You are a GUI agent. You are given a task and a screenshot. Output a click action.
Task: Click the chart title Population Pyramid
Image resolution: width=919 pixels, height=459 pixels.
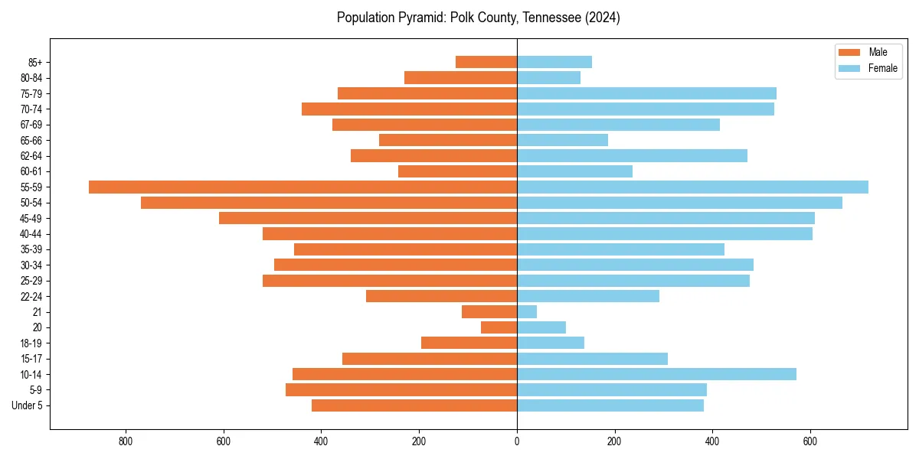pyautogui.click(x=478, y=18)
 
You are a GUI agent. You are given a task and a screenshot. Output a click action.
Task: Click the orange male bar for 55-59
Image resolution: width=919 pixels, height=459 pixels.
pyautogui.click(x=303, y=187)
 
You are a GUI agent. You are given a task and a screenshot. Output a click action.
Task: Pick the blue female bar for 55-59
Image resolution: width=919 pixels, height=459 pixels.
pyautogui.click(x=692, y=187)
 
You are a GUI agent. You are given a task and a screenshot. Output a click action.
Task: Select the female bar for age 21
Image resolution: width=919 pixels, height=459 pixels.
pyautogui.click(x=527, y=311)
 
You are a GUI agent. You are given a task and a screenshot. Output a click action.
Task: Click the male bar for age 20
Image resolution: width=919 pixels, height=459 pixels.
pyautogui.click(x=499, y=327)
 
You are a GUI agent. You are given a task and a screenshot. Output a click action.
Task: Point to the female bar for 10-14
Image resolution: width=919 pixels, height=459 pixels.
pyautogui.click(x=656, y=374)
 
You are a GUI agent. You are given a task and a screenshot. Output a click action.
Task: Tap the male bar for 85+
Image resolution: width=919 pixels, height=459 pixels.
pyautogui.click(x=486, y=62)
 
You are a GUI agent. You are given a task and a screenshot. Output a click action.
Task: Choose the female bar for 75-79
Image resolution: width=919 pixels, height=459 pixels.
pyautogui.click(x=646, y=93)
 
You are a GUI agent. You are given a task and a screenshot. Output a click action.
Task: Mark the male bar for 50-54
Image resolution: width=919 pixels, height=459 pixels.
pyautogui.click(x=329, y=203)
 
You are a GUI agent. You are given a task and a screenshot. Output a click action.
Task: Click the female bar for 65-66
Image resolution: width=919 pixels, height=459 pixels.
pyautogui.click(x=562, y=140)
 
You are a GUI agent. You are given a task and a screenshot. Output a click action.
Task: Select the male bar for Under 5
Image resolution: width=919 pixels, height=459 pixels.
pyautogui.click(x=414, y=405)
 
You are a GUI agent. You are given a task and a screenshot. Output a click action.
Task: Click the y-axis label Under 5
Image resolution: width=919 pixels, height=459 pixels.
pyautogui.click(x=27, y=405)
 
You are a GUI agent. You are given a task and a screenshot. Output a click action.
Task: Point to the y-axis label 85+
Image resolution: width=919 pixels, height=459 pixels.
pyautogui.click(x=34, y=62)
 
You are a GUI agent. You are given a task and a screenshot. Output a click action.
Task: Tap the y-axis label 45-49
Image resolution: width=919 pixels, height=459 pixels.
pyautogui.click(x=31, y=218)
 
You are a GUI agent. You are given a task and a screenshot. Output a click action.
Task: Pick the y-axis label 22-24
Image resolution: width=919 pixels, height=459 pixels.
pyautogui.click(x=31, y=296)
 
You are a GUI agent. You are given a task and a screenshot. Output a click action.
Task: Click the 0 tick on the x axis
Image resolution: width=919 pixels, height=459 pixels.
pyautogui.click(x=517, y=441)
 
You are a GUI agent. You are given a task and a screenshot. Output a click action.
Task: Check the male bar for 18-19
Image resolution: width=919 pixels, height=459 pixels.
pyautogui.click(x=469, y=343)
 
